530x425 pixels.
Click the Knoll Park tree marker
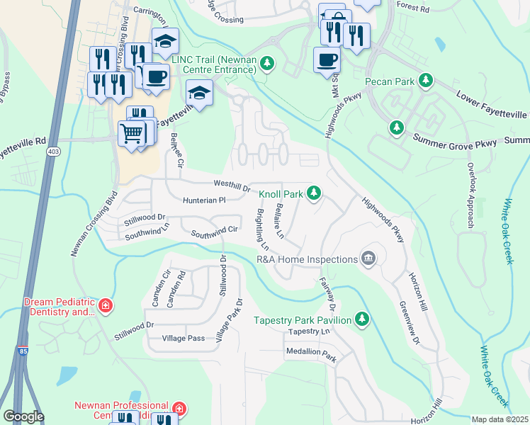314,193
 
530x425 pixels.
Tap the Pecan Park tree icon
426,81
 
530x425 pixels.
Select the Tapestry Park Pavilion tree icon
362,319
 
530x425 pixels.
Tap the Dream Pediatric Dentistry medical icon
106,306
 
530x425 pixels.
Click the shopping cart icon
132,132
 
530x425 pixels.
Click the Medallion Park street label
310,351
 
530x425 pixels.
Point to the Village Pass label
183,339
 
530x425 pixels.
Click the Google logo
23,416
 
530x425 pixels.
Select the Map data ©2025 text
500,419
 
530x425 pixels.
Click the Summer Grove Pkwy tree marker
396,128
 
